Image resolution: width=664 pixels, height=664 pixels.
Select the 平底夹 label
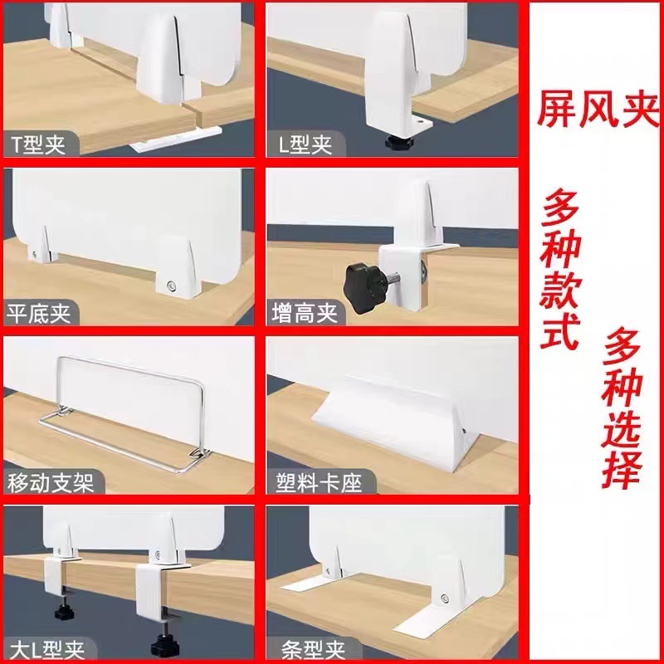[41, 313]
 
